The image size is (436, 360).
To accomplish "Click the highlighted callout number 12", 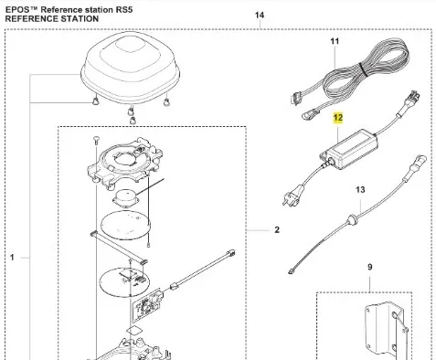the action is [338, 118].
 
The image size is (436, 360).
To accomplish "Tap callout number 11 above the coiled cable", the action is [335, 41].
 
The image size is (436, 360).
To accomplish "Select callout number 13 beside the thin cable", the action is [360, 190].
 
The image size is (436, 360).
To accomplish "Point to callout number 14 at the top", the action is [260, 15].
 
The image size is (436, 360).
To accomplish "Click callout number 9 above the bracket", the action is [369, 267].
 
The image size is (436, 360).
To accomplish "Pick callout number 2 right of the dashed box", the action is [277, 229].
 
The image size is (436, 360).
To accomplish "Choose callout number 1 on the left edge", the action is [12, 258].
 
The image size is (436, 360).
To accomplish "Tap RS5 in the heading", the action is [124, 10].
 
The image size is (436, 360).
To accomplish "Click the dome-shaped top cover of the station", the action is [130, 68].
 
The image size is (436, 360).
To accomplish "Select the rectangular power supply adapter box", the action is [348, 149].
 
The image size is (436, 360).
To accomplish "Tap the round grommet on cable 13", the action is [353, 219].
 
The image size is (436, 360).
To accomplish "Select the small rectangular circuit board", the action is [147, 305].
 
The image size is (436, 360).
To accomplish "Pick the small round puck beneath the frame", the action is [126, 199].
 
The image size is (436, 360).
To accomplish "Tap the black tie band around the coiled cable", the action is [364, 69].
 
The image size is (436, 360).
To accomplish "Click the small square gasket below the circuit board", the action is [133, 332].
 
